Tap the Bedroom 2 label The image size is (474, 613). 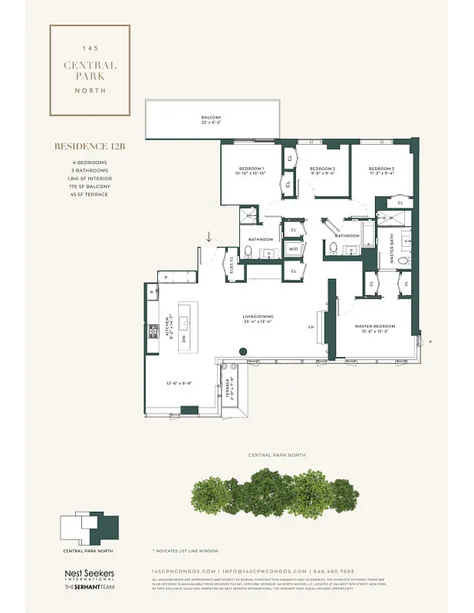(x=322, y=170)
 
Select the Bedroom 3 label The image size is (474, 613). (x=381, y=170)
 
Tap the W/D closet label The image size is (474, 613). (x=293, y=249)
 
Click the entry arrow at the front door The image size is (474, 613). (x=208, y=238)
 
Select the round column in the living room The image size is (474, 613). (x=243, y=352)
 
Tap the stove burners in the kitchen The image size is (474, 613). (x=152, y=332)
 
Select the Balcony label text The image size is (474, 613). (x=211, y=119)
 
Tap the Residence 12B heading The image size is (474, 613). (x=89, y=146)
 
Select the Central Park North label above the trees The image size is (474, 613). (x=277, y=455)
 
